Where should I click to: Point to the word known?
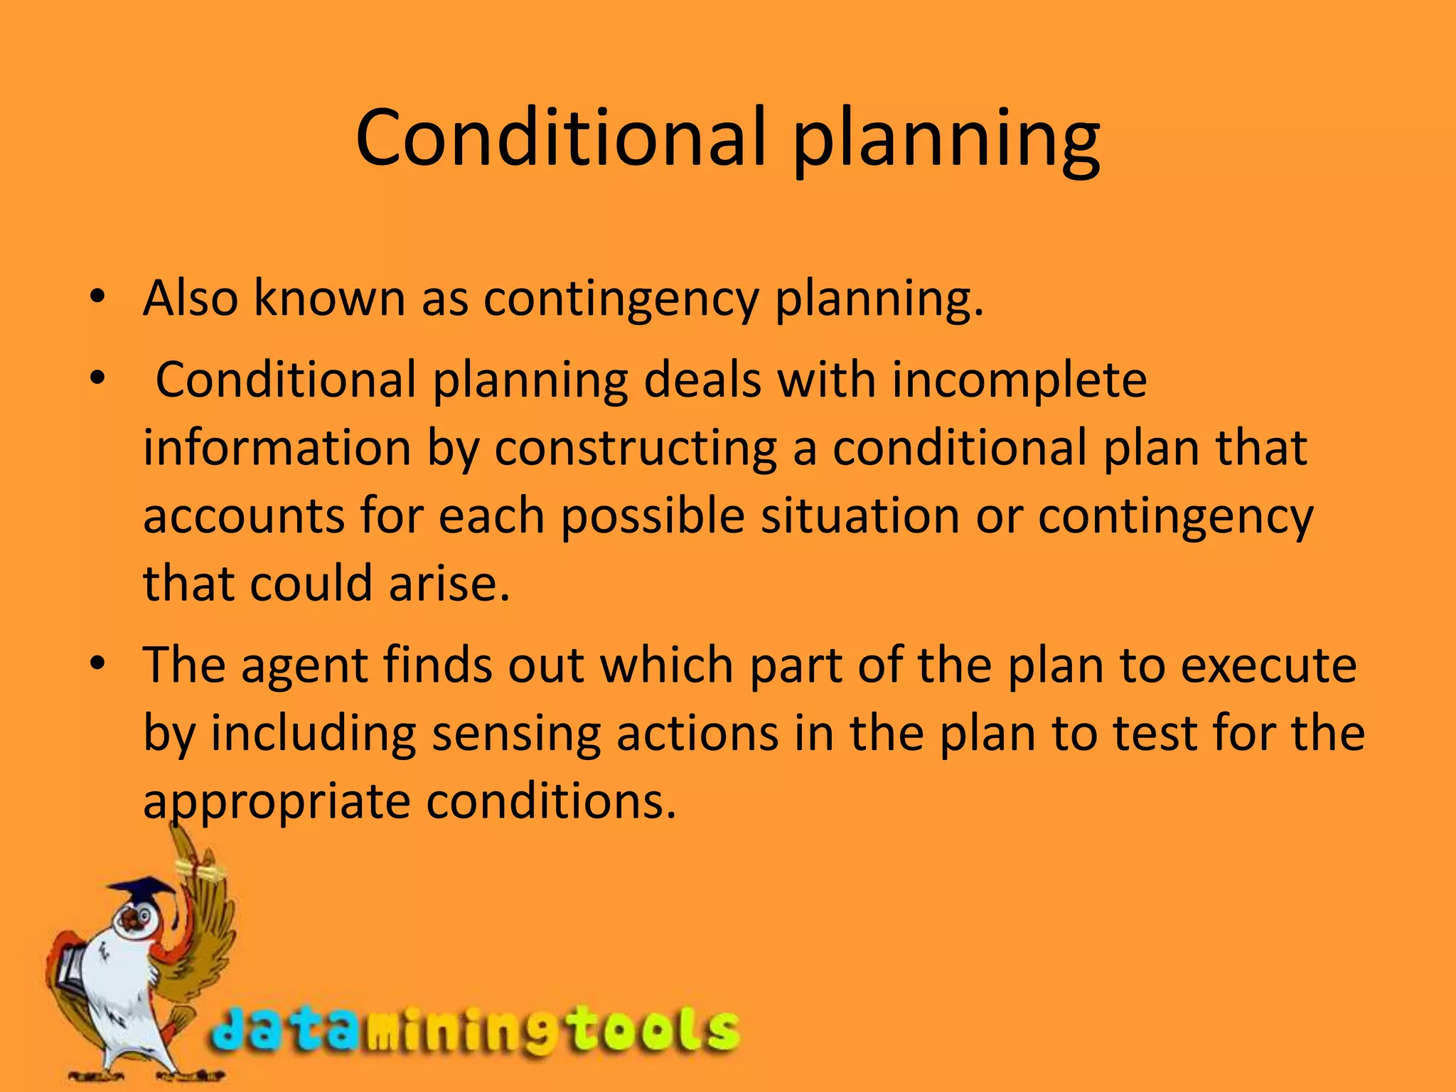pos(330,298)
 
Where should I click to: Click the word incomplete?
pos(1019,381)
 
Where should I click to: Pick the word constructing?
pos(636,449)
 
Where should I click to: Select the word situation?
pos(860,516)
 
